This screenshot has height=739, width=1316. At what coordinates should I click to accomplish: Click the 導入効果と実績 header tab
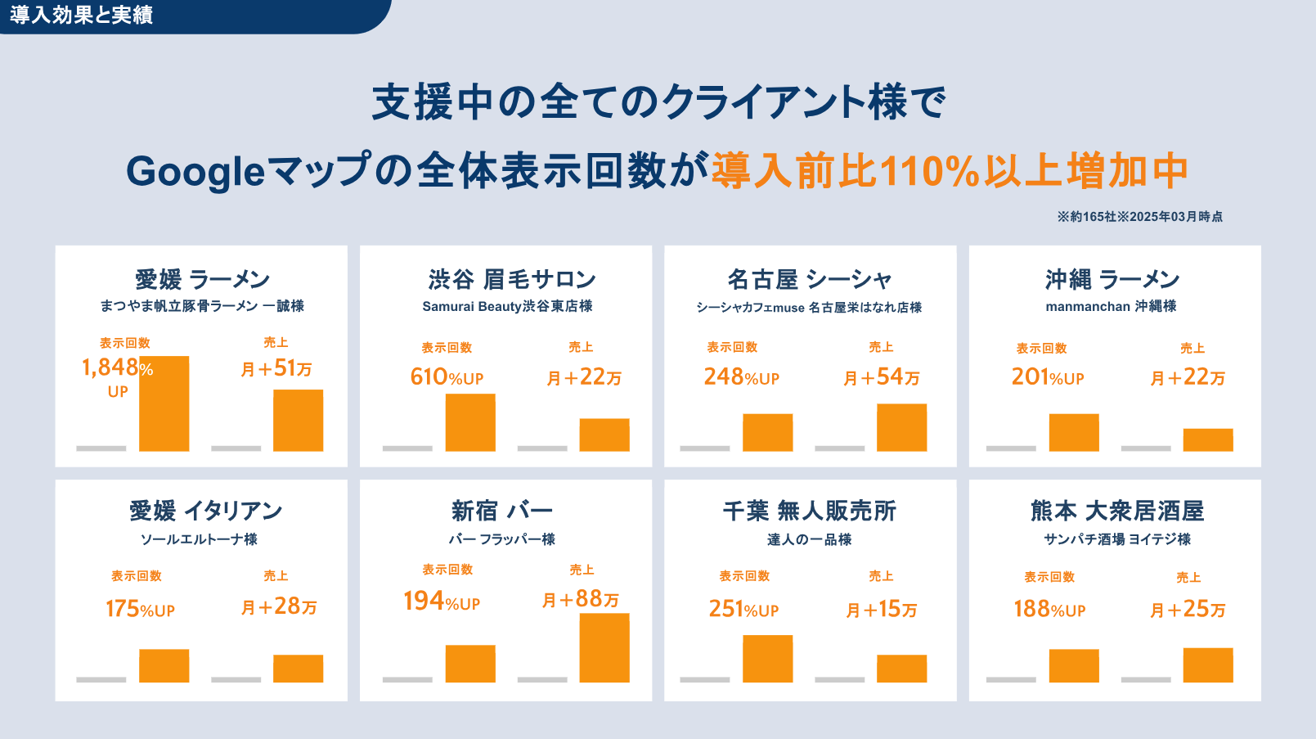pyautogui.click(x=82, y=16)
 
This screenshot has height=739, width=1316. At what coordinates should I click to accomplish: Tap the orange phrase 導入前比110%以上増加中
pyautogui.click(x=949, y=171)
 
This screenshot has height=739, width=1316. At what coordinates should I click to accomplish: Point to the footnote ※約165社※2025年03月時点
pyautogui.click(x=1139, y=217)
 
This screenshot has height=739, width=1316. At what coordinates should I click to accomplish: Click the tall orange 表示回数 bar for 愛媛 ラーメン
pyautogui.click(x=164, y=403)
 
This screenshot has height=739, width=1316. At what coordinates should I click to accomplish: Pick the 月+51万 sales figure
pyautogui.click(x=276, y=368)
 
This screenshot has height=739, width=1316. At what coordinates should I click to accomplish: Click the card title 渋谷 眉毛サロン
pyautogui.click(x=512, y=280)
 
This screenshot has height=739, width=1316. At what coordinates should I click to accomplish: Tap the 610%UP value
pyautogui.click(x=447, y=377)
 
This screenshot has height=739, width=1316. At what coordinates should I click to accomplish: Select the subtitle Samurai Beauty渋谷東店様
pyautogui.click(x=507, y=306)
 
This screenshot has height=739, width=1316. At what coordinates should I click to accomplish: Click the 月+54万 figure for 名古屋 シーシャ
pyautogui.click(x=882, y=377)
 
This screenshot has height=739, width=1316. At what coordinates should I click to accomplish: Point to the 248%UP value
pyautogui.click(x=741, y=377)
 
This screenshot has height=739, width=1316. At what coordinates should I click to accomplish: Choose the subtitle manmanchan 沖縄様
pyautogui.click(x=1111, y=306)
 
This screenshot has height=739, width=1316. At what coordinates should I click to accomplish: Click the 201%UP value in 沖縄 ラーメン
pyautogui.click(x=1047, y=377)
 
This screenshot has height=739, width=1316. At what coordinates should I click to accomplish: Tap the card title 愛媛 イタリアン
pyautogui.click(x=205, y=511)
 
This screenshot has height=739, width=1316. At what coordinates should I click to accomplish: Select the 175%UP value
pyautogui.click(x=140, y=609)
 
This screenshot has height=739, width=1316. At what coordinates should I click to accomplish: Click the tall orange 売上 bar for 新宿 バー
pyautogui.click(x=604, y=647)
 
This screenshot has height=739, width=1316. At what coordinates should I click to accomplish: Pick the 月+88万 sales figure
pyautogui.click(x=581, y=600)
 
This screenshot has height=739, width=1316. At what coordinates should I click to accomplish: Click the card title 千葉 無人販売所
pyautogui.click(x=810, y=511)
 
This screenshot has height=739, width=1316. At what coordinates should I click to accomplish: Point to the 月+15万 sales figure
pyautogui.click(x=882, y=610)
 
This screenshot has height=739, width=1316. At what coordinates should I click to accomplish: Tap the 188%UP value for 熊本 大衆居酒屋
pyautogui.click(x=1049, y=610)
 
